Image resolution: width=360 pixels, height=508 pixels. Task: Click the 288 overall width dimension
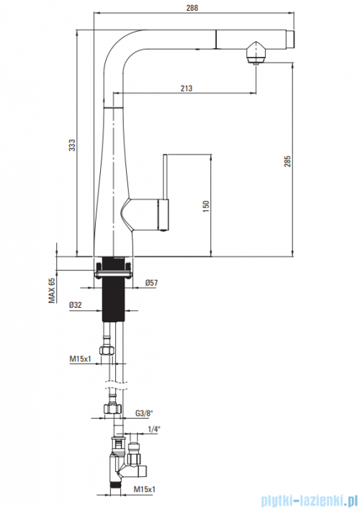pos(192,7)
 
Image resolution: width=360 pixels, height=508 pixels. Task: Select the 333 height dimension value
pos(72,145)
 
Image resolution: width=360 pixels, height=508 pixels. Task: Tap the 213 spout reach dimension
pos(186,88)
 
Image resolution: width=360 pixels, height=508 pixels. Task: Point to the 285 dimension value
pos(287,161)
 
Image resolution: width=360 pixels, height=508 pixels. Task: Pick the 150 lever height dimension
pos(206,207)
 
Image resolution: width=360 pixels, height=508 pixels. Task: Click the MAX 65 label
pos(52,290)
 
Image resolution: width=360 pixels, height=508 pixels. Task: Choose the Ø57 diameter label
pos(151,283)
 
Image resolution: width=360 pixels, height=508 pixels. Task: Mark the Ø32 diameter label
pos(76,305)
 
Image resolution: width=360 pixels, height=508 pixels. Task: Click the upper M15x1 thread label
pos(81,359)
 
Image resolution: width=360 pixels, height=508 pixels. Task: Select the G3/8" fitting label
pos(144,413)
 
